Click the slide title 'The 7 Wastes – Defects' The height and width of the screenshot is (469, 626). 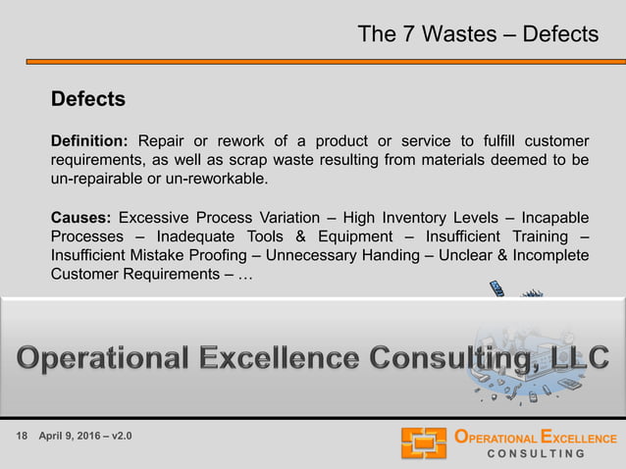click(478, 34)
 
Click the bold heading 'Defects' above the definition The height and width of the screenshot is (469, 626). click(88, 99)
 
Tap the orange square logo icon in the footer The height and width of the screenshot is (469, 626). click(424, 443)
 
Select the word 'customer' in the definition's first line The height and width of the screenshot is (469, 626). click(556, 140)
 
